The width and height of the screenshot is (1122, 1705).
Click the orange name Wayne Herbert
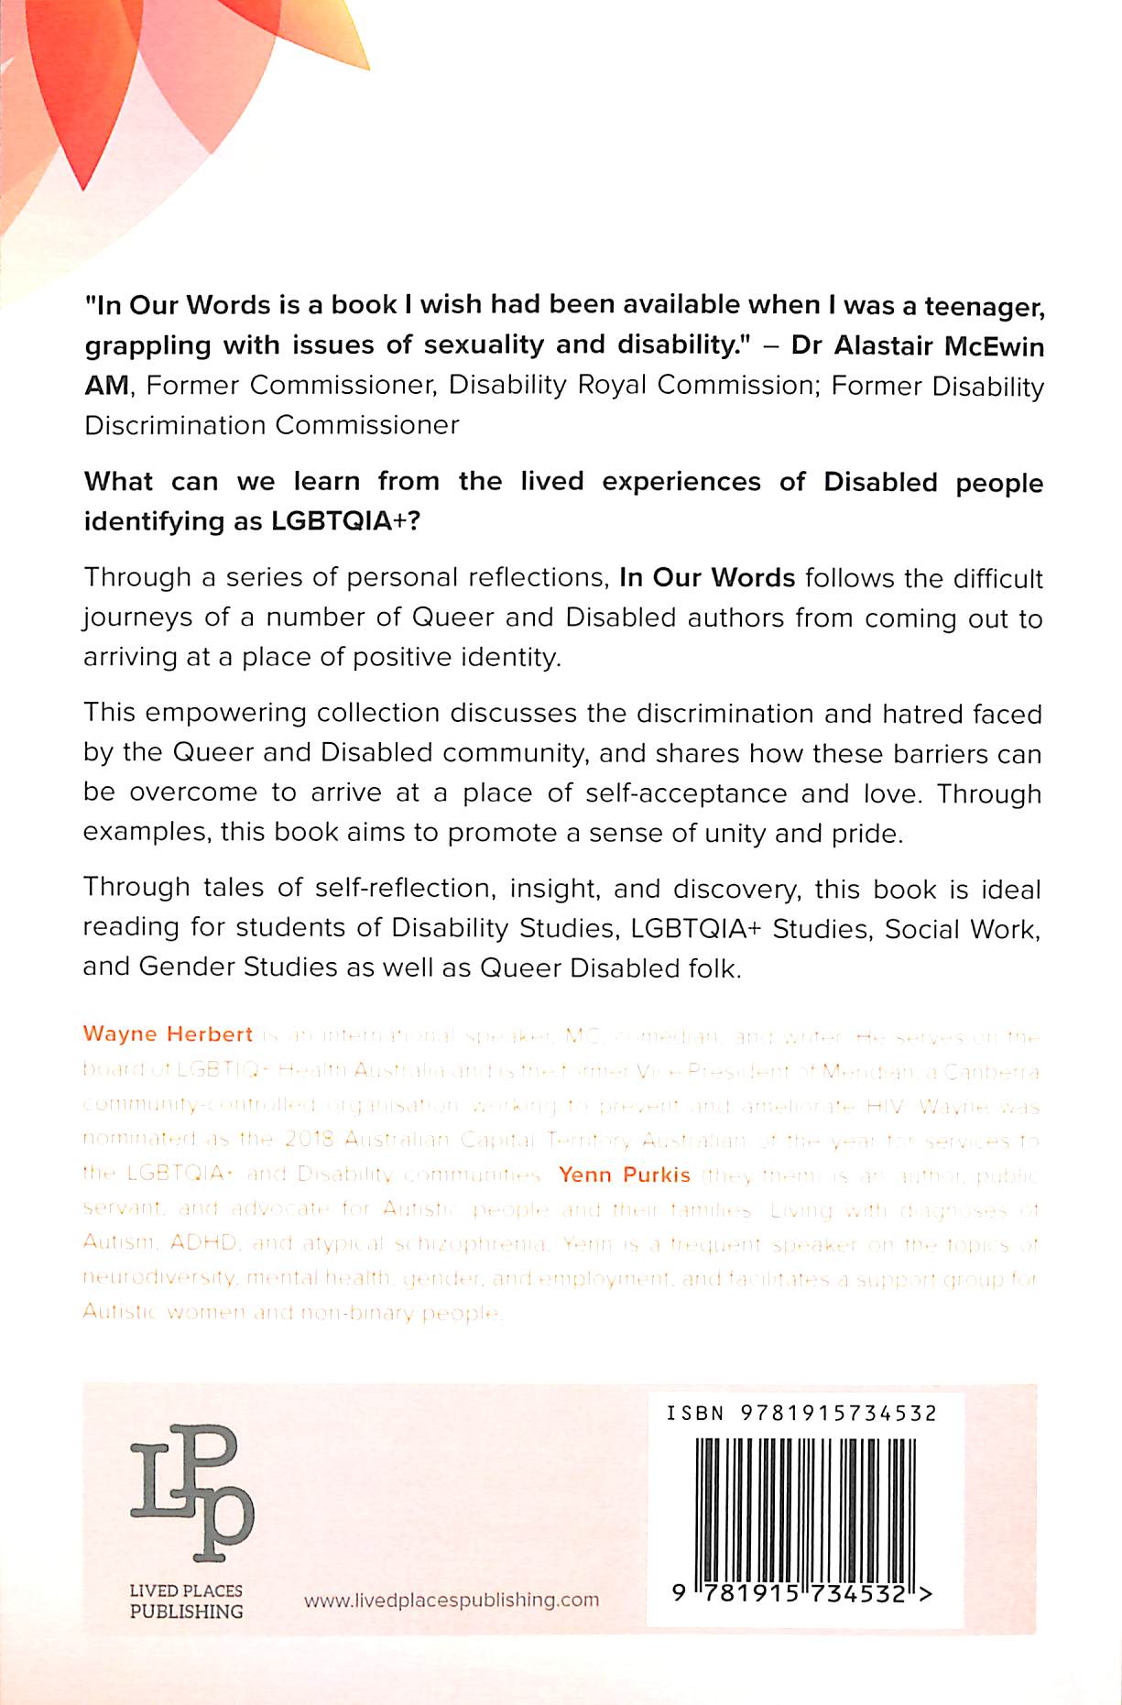tap(168, 1034)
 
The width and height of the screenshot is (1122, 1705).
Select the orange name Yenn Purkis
tap(624, 1175)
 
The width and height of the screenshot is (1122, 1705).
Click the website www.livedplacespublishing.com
tap(452, 1600)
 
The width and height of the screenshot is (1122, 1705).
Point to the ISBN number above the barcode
tap(801, 1414)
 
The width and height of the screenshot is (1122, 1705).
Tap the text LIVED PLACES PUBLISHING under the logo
tap(186, 1601)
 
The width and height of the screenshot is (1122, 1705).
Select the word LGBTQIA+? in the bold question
tap(344, 521)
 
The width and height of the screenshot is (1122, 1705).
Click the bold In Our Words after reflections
tap(707, 578)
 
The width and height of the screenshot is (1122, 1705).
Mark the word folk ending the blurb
tap(712, 968)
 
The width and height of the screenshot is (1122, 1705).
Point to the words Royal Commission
tap(695, 386)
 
